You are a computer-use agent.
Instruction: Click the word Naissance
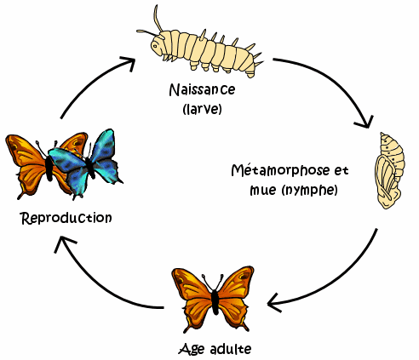(202, 89)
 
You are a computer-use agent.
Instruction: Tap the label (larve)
(202, 109)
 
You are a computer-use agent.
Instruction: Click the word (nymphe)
(309, 190)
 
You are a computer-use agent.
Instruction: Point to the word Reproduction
(66, 218)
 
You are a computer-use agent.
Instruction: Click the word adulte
(231, 349)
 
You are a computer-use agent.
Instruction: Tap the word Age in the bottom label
(192, 349)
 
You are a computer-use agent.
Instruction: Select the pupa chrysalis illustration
(390, 171)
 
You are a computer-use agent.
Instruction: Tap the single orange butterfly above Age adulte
(213, 300)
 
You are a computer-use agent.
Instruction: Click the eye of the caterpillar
(155, 45)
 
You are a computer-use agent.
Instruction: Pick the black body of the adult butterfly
(215, 302)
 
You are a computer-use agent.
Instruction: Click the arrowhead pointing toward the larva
(129, 63)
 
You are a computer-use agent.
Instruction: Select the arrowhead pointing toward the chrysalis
(365, 123)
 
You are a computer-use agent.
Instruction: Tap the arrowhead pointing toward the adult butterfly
(274, 303)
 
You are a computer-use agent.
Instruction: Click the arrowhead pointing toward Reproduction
(64, 243)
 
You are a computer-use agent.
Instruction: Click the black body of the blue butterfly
(90, 168)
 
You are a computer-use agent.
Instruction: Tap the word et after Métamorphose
(342, 171)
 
